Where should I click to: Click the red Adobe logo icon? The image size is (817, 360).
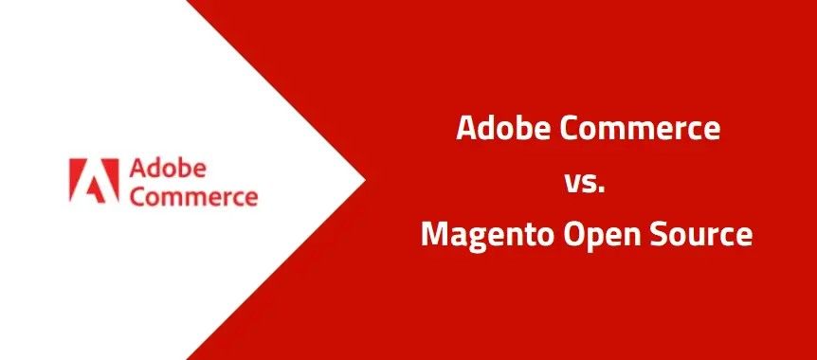(x=94, y=180)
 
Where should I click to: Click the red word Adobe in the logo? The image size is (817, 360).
(x=168, y=169)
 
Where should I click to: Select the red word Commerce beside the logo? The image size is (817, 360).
(x=193, y=197)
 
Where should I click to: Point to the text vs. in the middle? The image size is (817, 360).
(x=584, y=183)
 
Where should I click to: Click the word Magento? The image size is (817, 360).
(x=489, y=235)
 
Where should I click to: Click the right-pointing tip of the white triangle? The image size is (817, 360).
(x=365, y=180)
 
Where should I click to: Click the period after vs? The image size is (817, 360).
(x=601, y=190)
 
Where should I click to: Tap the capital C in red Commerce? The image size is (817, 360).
(x=137, y=197)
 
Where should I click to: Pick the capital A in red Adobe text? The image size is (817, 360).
(x=137, y=170)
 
